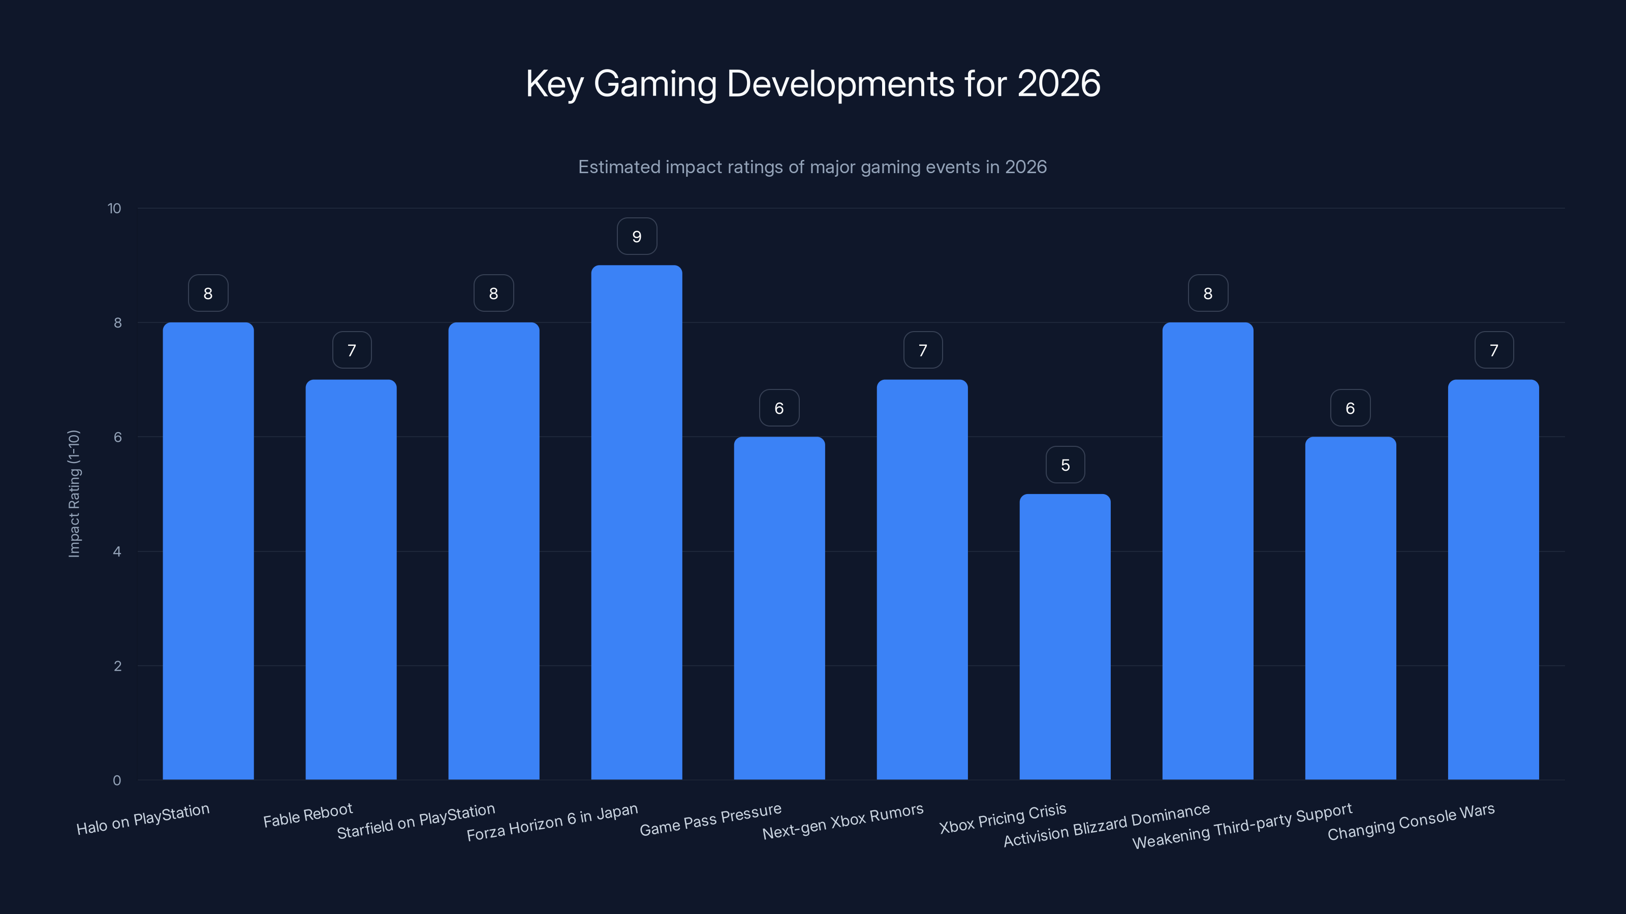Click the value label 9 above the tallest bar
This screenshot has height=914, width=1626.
[637, 237]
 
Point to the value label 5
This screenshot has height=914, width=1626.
[1066, 465]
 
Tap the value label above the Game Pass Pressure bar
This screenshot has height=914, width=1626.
[779, 408]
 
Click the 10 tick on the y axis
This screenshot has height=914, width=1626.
[114, 209]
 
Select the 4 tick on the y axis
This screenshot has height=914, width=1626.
[117, 552]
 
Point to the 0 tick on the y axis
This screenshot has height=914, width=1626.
[117, 780]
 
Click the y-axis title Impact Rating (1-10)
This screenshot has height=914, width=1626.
[74, 493]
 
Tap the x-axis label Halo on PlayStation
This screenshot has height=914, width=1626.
[143, 819]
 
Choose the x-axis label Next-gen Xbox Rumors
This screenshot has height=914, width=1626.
[842, 821]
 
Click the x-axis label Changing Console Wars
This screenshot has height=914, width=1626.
[1411, 821]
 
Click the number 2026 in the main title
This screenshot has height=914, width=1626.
[1058, 84]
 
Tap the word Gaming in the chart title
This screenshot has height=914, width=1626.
[655, 84]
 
